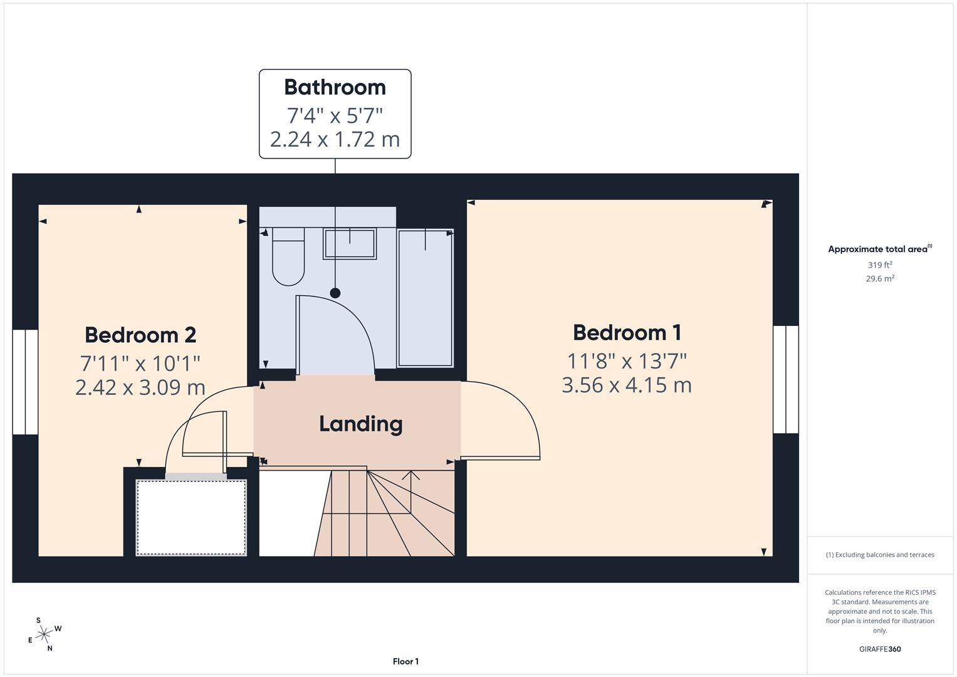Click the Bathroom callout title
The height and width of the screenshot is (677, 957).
[x=335, y=87]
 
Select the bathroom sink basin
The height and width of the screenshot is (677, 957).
[x=350, y=244]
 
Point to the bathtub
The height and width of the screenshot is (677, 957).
[x=426, y=298]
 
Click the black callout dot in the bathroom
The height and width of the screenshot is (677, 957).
[x=335, y=293]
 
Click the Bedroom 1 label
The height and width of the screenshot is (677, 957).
[x=627, y=332]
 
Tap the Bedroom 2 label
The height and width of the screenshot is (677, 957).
[x=140, y=335]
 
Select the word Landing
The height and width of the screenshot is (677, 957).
[x=361, y=424]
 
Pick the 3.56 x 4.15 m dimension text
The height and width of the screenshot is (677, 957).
[x=627, y=385]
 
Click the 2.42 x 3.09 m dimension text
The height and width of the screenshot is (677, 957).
[x=140, y=387]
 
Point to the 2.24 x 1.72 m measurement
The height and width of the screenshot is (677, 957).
[x=335, y=139]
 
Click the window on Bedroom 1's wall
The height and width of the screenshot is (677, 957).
[x=786, y=379]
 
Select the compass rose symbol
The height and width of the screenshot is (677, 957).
[x=44, y=634]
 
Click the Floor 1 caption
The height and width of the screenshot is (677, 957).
[x=405, y=661]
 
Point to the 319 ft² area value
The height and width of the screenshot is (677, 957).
[x=880, y=265]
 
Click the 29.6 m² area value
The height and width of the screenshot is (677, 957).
[x=880, y=279]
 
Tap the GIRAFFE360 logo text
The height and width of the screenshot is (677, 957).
[x=880, y=649]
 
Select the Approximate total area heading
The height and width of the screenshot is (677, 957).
[x=879, y=249]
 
